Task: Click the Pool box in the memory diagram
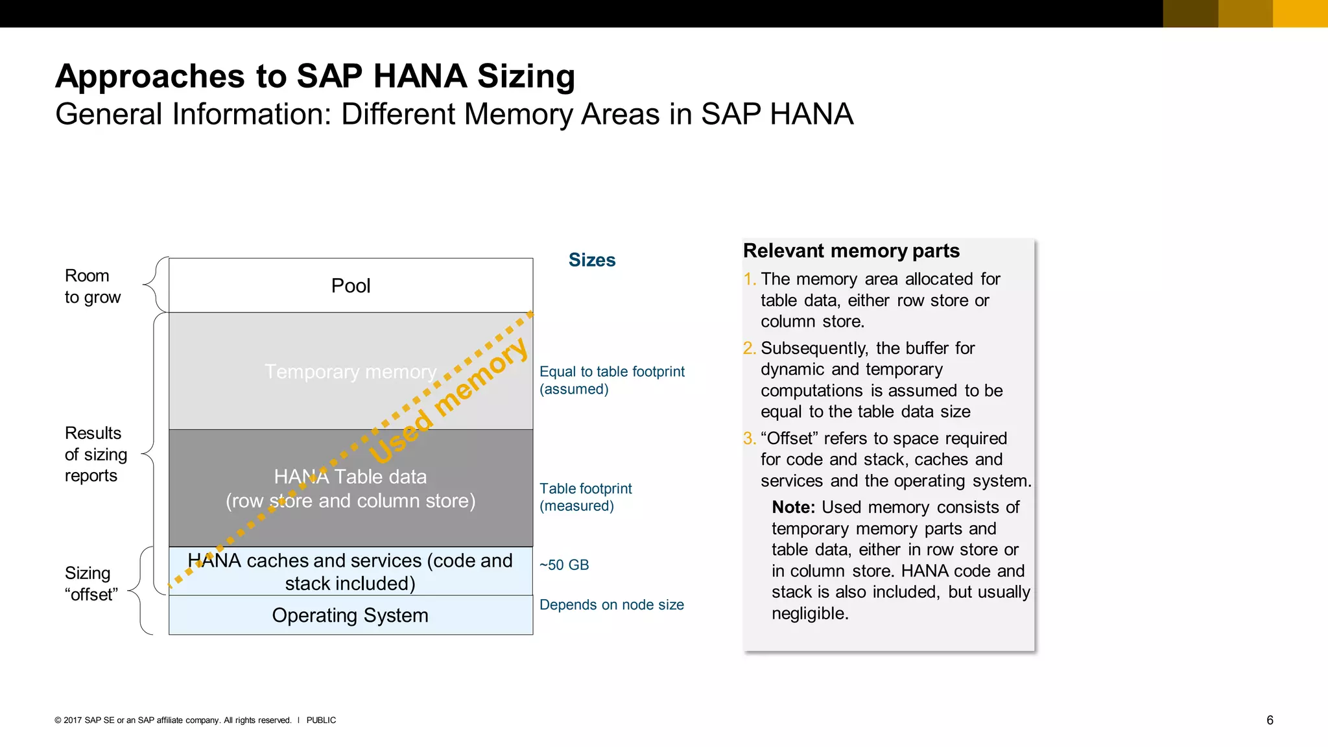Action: coord(351,285)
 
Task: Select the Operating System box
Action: coord(350,615)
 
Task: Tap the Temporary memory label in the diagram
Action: coord(350,372)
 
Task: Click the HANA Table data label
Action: coord(350,477)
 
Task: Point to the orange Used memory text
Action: coord(448,401)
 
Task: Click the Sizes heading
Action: coord(591,260)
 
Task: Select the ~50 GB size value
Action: coord(564,565)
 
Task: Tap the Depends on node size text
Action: coord(611,605)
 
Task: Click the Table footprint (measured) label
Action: coord(586,497)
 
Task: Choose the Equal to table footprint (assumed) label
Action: coord(611,380)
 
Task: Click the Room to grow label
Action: coord(93,287)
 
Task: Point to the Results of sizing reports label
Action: coord(95,454)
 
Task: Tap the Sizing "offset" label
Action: coord(91,584)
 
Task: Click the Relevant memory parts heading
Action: coord(851,251)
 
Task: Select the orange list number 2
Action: coord(749,348)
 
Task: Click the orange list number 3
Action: coord(749,438)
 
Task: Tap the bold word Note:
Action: coord(793,507)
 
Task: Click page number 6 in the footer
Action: coord(1270,720)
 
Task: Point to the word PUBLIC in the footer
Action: coord(321,720)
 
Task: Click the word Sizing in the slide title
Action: coord(526,77)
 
